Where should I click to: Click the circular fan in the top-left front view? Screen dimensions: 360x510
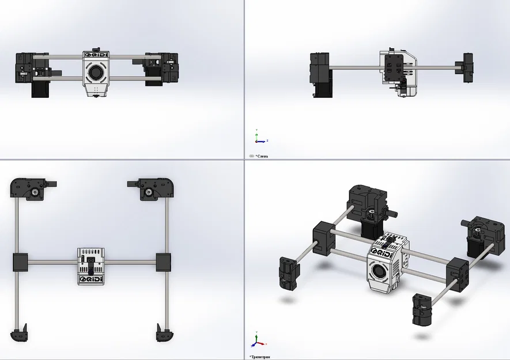[x=96, y=71]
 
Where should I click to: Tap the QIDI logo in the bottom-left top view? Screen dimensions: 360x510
[x=91, y=279]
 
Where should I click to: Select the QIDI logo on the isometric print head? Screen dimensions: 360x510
[x=382, y=254]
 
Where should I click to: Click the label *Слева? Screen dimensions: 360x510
[x=262, y=156]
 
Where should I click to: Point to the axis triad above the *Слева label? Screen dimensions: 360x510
[x=259, y=137]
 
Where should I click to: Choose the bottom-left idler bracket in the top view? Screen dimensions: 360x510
[x=19, y=332]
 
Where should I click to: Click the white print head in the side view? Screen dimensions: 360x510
[x=398, y=72]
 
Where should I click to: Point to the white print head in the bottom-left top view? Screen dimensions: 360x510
[x=91, y=265]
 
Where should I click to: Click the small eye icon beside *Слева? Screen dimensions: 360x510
[x=251, y=156]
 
